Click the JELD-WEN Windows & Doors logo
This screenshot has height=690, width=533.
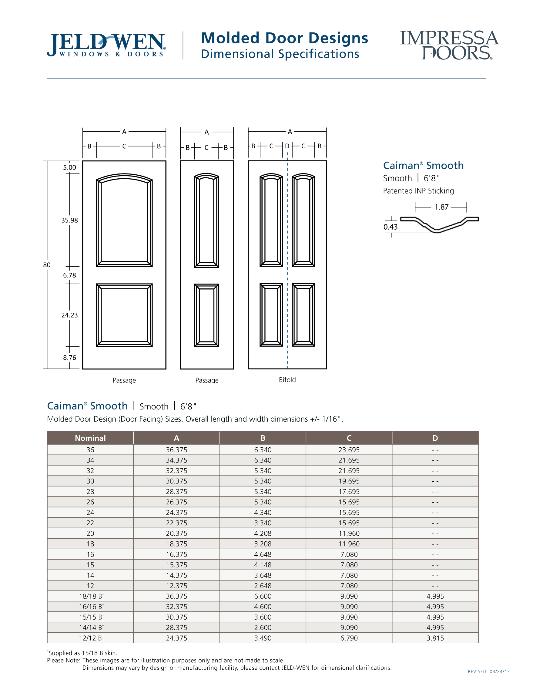click(x=106, y=45)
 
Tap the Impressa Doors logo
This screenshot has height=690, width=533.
click(x=449, y=45)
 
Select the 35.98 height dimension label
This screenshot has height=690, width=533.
click(x=69, y=220)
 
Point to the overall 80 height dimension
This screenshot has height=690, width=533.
click(x=47, y=265)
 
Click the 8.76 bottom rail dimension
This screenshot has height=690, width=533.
click(x=69, y=357)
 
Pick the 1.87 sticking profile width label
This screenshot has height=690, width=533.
click(x=441, y=207)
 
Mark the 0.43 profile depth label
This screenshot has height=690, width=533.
click(x=390, y=227)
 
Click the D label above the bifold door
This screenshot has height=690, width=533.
click(x=287, y=146)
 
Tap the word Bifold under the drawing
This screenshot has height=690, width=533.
click(x=287, y=380)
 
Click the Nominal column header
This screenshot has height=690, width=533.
click(x=90, y=438)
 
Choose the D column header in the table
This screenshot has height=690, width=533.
click(x=435, y=438)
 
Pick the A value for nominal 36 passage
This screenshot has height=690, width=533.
click(x=176, y=449)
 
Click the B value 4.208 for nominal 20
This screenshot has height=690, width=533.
click(x=263, y=533)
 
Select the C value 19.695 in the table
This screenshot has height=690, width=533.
click(x=349, y=481)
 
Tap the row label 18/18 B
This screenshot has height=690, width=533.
click(x=91, y=596)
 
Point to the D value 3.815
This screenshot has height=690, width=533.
click(x=435, y=638)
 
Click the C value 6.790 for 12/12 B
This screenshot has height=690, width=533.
click(x=349, y=638)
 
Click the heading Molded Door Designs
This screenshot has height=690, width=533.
click(x=284, y=38)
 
